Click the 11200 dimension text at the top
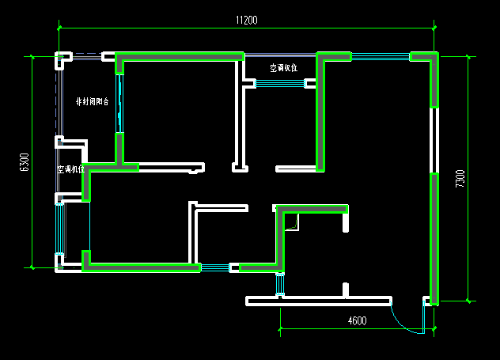click(246, 21)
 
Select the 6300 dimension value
click(25, 162)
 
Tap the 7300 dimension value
click(460, 179)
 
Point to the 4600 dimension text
click(358, 320)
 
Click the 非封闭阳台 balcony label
click(92, 102)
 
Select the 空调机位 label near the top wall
click(283, 68)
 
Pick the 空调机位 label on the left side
click(71, 169)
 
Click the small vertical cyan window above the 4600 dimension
click(279, 284)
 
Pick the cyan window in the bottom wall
click(214, 267)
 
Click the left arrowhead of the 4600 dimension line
click(281, 328)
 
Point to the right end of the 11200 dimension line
click(434, 29)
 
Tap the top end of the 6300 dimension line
click(32, 56)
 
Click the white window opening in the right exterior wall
click(434, 140)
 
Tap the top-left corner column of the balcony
click(62, 59)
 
